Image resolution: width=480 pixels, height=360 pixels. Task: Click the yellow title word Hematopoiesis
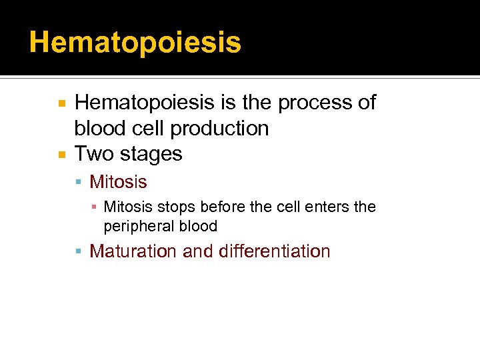coord(135,43)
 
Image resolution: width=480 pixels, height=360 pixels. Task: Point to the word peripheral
coord(136,227)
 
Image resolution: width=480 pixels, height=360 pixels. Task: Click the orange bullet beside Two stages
coord(61,155)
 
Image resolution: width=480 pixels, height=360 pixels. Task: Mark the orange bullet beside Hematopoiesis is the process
coord(61,103)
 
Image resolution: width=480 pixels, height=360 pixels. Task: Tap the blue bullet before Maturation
coord(80,252)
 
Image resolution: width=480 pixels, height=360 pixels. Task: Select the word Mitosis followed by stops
coord(128,207)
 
